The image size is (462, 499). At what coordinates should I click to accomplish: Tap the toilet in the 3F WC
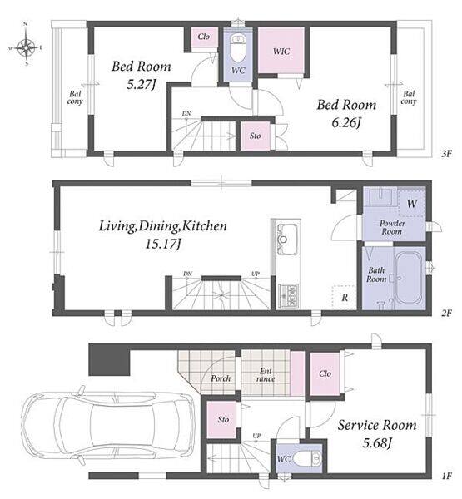(237, 47)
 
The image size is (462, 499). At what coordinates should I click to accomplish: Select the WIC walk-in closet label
(281, 52)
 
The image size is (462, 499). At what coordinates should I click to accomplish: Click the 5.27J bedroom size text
(141, 84)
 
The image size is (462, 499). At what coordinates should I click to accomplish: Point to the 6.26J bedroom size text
(346, 122)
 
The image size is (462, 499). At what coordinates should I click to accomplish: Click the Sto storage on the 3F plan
(255, 136)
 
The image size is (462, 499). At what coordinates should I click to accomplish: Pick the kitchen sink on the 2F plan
(288, 239)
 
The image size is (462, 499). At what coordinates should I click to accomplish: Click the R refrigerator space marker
(345, 298)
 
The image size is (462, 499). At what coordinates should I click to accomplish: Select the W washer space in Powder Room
(412, 203)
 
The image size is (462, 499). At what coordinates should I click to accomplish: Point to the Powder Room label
(392, 227)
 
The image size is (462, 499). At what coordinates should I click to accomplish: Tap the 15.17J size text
(163, 245)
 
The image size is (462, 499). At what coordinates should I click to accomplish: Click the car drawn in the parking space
(107, 424)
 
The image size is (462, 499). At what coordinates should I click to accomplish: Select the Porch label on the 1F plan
(221, 378)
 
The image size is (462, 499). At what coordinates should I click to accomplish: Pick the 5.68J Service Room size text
(377, 443)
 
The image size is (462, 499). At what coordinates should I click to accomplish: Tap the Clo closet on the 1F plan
(325, 373)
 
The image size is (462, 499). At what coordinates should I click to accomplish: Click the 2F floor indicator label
(447, 314)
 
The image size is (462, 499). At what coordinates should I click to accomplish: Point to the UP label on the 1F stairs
(256, 436)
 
